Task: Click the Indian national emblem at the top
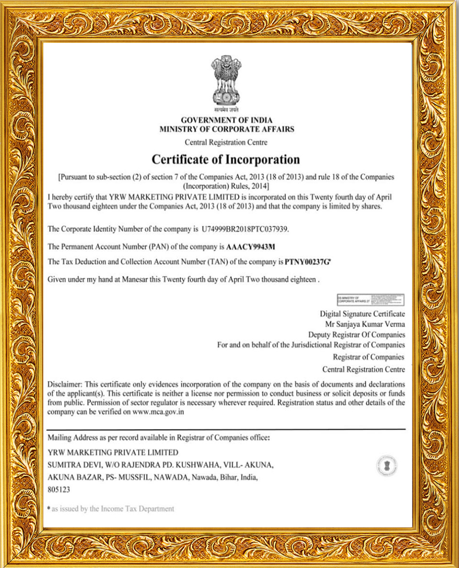point(226,82)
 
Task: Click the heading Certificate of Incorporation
point(225,160)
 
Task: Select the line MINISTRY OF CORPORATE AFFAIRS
point(226,129)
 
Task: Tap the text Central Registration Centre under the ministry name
point(226,143)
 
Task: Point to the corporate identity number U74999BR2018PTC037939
point(245,228)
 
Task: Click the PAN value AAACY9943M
point(251,246)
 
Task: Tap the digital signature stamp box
point(371,300)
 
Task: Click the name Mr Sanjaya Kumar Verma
point(365,324)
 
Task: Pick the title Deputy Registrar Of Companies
point(356,334)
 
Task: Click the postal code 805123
point(59,489)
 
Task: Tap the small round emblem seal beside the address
point(387,466)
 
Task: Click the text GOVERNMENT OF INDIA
point(226,120)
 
